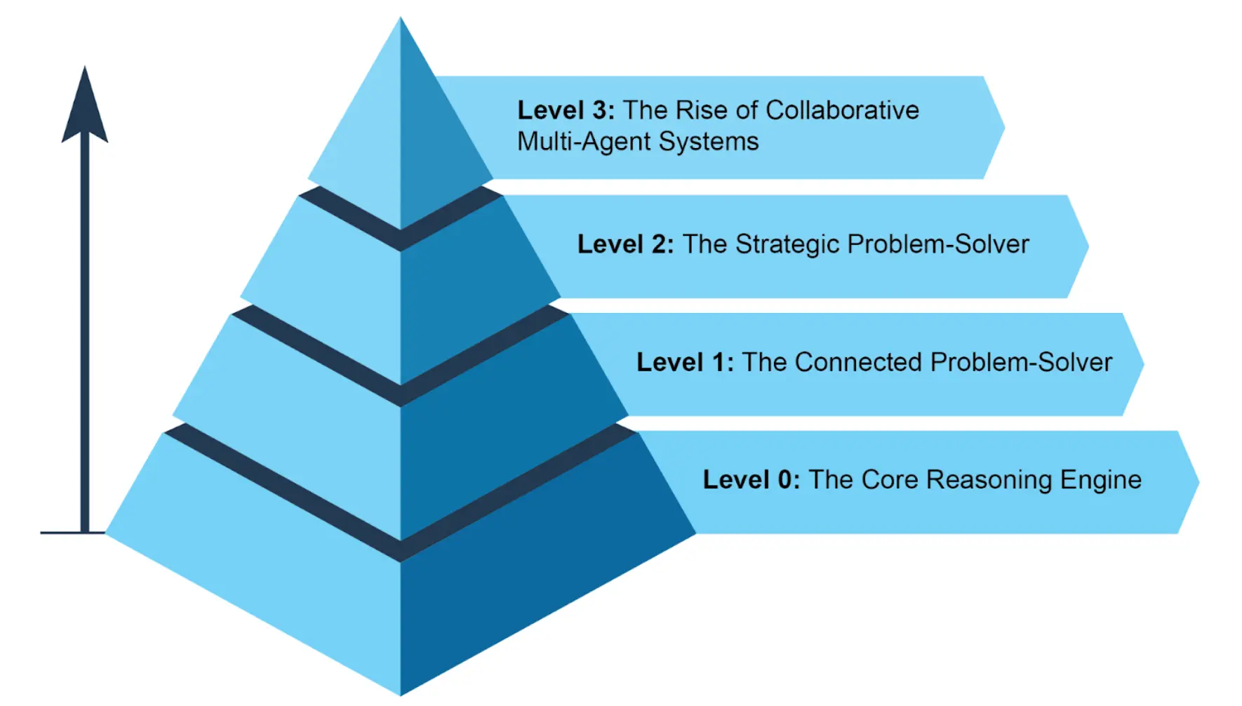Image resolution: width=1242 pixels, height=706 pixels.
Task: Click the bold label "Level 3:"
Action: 566,110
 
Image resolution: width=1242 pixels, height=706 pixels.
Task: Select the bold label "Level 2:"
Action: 625,244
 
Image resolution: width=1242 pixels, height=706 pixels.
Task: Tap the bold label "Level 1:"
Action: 685,362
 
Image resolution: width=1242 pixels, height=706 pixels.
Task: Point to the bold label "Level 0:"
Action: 752,480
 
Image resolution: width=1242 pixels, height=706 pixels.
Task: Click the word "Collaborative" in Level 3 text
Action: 842,110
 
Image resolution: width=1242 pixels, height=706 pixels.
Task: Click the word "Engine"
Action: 1101,480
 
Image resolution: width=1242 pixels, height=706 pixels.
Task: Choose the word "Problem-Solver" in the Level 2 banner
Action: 938,244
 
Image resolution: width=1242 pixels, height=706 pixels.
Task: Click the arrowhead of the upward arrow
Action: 85,105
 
